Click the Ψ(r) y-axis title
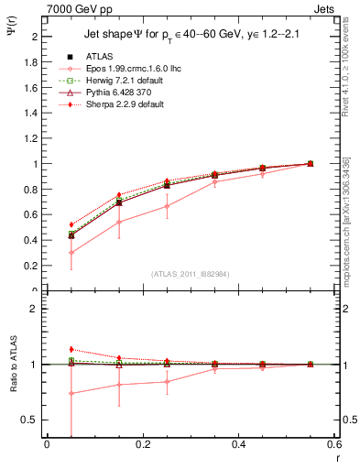pyautogui.click(x=10, y=32)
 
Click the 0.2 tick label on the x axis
pyautogui.click(x=143, y=446)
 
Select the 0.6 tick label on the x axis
pyautogui.click(x=334, y=446)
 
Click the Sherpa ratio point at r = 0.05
pyautogui.click(x=71, y=349)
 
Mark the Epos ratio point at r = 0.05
pyautogui.click(x=71, y=393)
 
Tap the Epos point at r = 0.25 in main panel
pyautogui.click(x=167, y=206)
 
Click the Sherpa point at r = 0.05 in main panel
pyautogui.click(x=71, y=224)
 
